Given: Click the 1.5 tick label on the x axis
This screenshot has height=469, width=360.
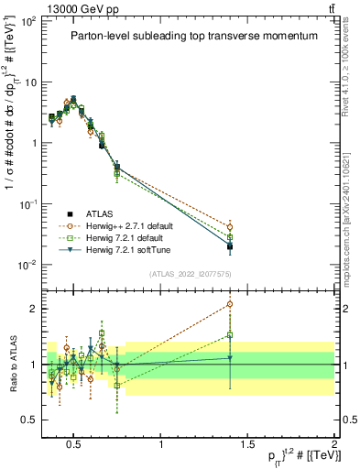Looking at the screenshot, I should [x=247, y=445].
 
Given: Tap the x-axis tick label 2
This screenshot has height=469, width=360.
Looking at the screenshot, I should [x=333, y=445].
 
